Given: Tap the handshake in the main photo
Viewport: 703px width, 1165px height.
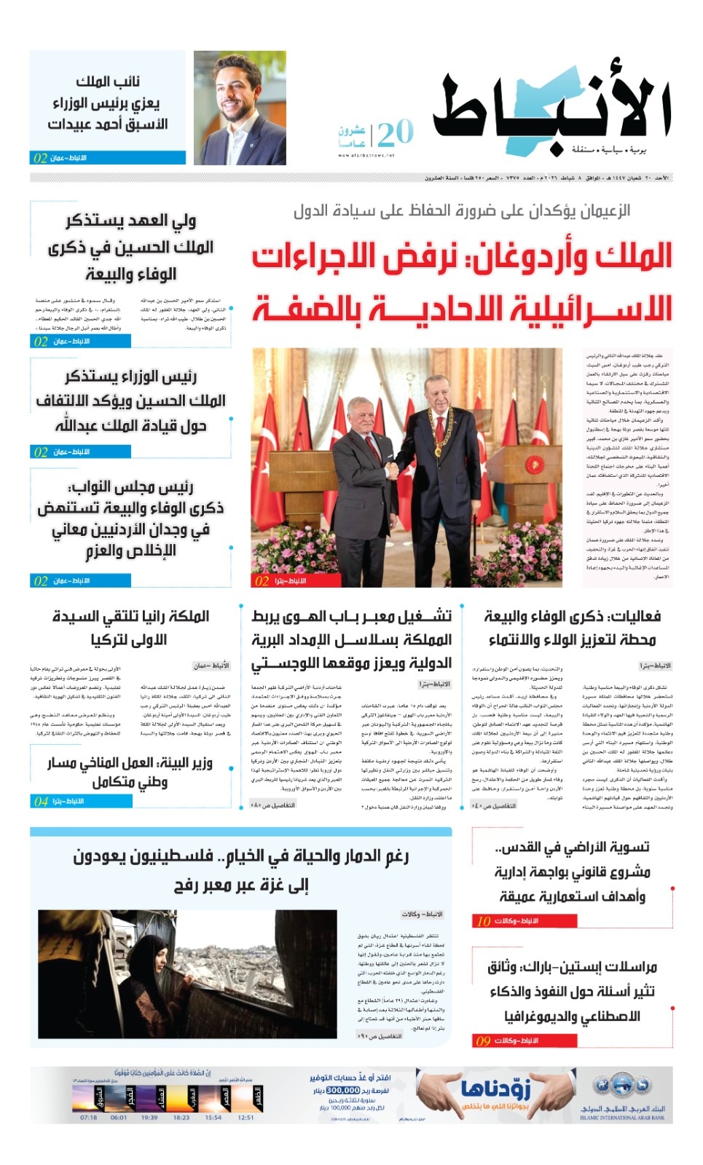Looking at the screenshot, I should (x=393, y=470).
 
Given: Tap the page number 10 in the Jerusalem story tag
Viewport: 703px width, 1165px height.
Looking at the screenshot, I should (x=484, y=921).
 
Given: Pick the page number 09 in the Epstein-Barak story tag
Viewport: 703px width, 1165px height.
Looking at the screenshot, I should (x=483, y=1040).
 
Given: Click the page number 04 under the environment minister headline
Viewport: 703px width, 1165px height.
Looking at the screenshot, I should (x=41, y=801).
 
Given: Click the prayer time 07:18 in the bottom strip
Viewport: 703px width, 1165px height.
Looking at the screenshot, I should (x=88, y=1117).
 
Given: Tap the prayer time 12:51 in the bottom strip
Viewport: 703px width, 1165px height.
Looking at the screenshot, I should (x=246, y=1117).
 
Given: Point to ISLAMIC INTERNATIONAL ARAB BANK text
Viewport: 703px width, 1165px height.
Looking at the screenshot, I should (x=622, y=1118).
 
